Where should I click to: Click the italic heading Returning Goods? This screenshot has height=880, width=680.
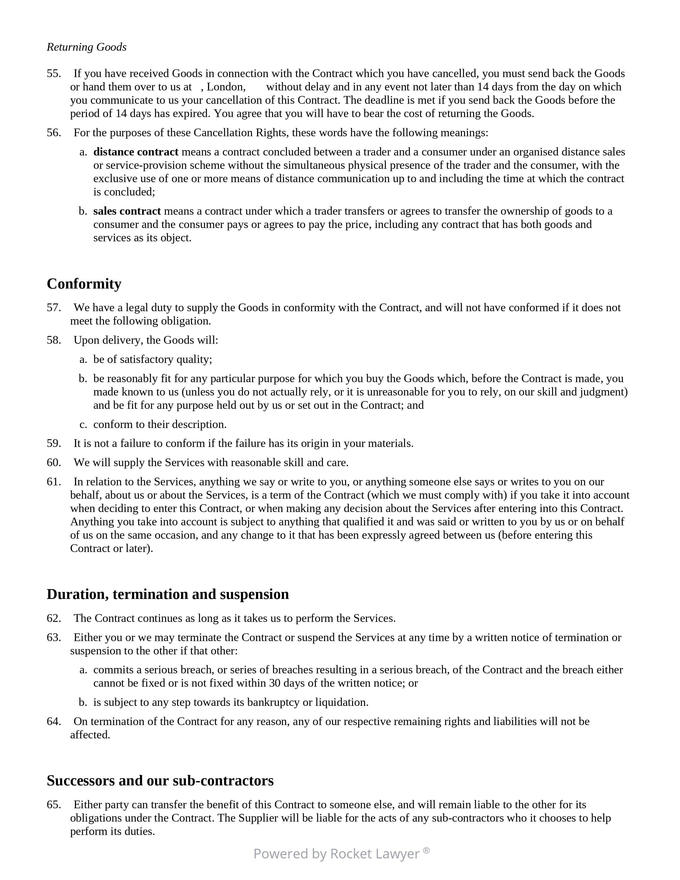pyautogui.click(x=87, y=47)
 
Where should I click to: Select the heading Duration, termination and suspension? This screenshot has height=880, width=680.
pyautogui.click(x=167, y=594)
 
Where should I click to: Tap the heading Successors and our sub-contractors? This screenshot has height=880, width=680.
pyautogui.click(x=160, y=781)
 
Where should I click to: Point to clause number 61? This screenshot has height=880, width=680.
pyautogui.click(x=54, y=482)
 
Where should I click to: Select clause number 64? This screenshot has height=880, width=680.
pyautogui.click(x=54, y=721)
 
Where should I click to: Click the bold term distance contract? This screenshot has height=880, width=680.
pyautogui.click(x=136, y=152)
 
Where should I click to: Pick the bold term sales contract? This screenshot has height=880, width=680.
pyautogui.click(x=127, y=211)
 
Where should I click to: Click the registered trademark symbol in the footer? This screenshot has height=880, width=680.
pyautogui.click(x=426, y=850)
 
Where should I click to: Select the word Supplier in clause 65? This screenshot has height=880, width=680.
pyautogui.click(x=257, y=818)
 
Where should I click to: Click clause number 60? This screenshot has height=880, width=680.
pyautogui.click(x=54, y=463)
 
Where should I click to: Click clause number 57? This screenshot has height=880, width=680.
pyautogui.click(x=54, y=307)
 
